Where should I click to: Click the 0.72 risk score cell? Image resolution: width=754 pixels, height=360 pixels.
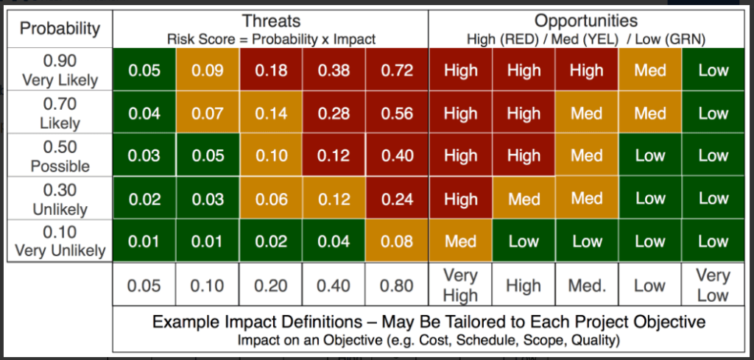[x=397, y=70]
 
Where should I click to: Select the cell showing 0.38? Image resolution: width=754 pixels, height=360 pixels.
[x=334, y=70]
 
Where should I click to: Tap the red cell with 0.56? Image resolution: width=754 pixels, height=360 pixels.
[x=397, y=113]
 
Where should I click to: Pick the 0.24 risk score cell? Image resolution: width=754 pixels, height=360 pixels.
[x=397, y=198]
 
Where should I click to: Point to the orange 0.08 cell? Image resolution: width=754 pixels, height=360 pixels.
[x=397, y=241]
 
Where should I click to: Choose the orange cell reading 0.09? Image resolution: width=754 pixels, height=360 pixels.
[x=208, y=70]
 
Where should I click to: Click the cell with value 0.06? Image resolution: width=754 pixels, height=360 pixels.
[x=271, y=198]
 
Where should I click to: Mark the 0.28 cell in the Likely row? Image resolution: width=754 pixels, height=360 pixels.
[x=334, y=113]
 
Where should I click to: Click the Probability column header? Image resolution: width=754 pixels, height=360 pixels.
[x=60, y=29]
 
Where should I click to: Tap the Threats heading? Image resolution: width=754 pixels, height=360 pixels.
[x=271, y=21]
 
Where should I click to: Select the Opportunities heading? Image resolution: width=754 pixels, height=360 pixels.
[x=586, y=21]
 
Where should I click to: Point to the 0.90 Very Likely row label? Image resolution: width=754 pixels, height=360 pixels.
[x=60, y=70]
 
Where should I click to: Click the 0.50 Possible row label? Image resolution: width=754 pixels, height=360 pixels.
[x=60, y=156]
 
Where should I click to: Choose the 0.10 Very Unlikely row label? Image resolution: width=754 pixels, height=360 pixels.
[x=60, y=241]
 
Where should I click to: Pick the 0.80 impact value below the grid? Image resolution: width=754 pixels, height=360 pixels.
[x=397, y=286]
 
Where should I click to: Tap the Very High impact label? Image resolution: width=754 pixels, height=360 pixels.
[x=460, y=286]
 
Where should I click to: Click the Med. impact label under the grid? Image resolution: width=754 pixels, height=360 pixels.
[x=587, y=286]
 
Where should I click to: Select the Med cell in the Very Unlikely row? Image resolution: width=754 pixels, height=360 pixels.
[x=460, y=241]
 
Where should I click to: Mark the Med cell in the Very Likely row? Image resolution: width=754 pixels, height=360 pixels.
[x=650, y=70]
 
